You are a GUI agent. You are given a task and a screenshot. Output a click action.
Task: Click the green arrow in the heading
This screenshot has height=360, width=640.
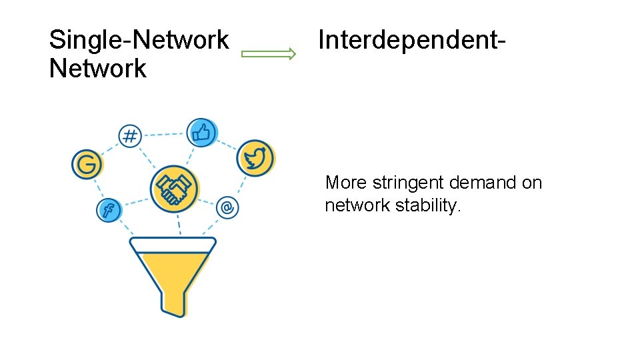pos(268,55)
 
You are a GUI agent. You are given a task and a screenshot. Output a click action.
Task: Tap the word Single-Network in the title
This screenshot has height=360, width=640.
pos(139,40)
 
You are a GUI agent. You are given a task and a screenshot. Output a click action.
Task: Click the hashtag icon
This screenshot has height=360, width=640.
pos(129,137)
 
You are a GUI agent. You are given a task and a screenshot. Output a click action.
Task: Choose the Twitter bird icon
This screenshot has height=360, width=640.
pos(254,158)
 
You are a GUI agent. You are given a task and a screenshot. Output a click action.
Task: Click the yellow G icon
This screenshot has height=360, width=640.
pos(87,163)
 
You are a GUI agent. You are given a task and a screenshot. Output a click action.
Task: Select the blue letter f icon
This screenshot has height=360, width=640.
pos(108,211)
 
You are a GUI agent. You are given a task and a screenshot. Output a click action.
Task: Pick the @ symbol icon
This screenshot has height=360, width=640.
pos(227,207)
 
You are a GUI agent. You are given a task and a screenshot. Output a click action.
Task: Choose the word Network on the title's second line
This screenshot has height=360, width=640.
pos(97,69)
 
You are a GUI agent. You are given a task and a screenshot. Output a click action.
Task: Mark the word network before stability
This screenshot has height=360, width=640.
pos(357,205)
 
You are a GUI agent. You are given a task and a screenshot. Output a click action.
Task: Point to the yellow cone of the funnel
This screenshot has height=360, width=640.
pos(173,270)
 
